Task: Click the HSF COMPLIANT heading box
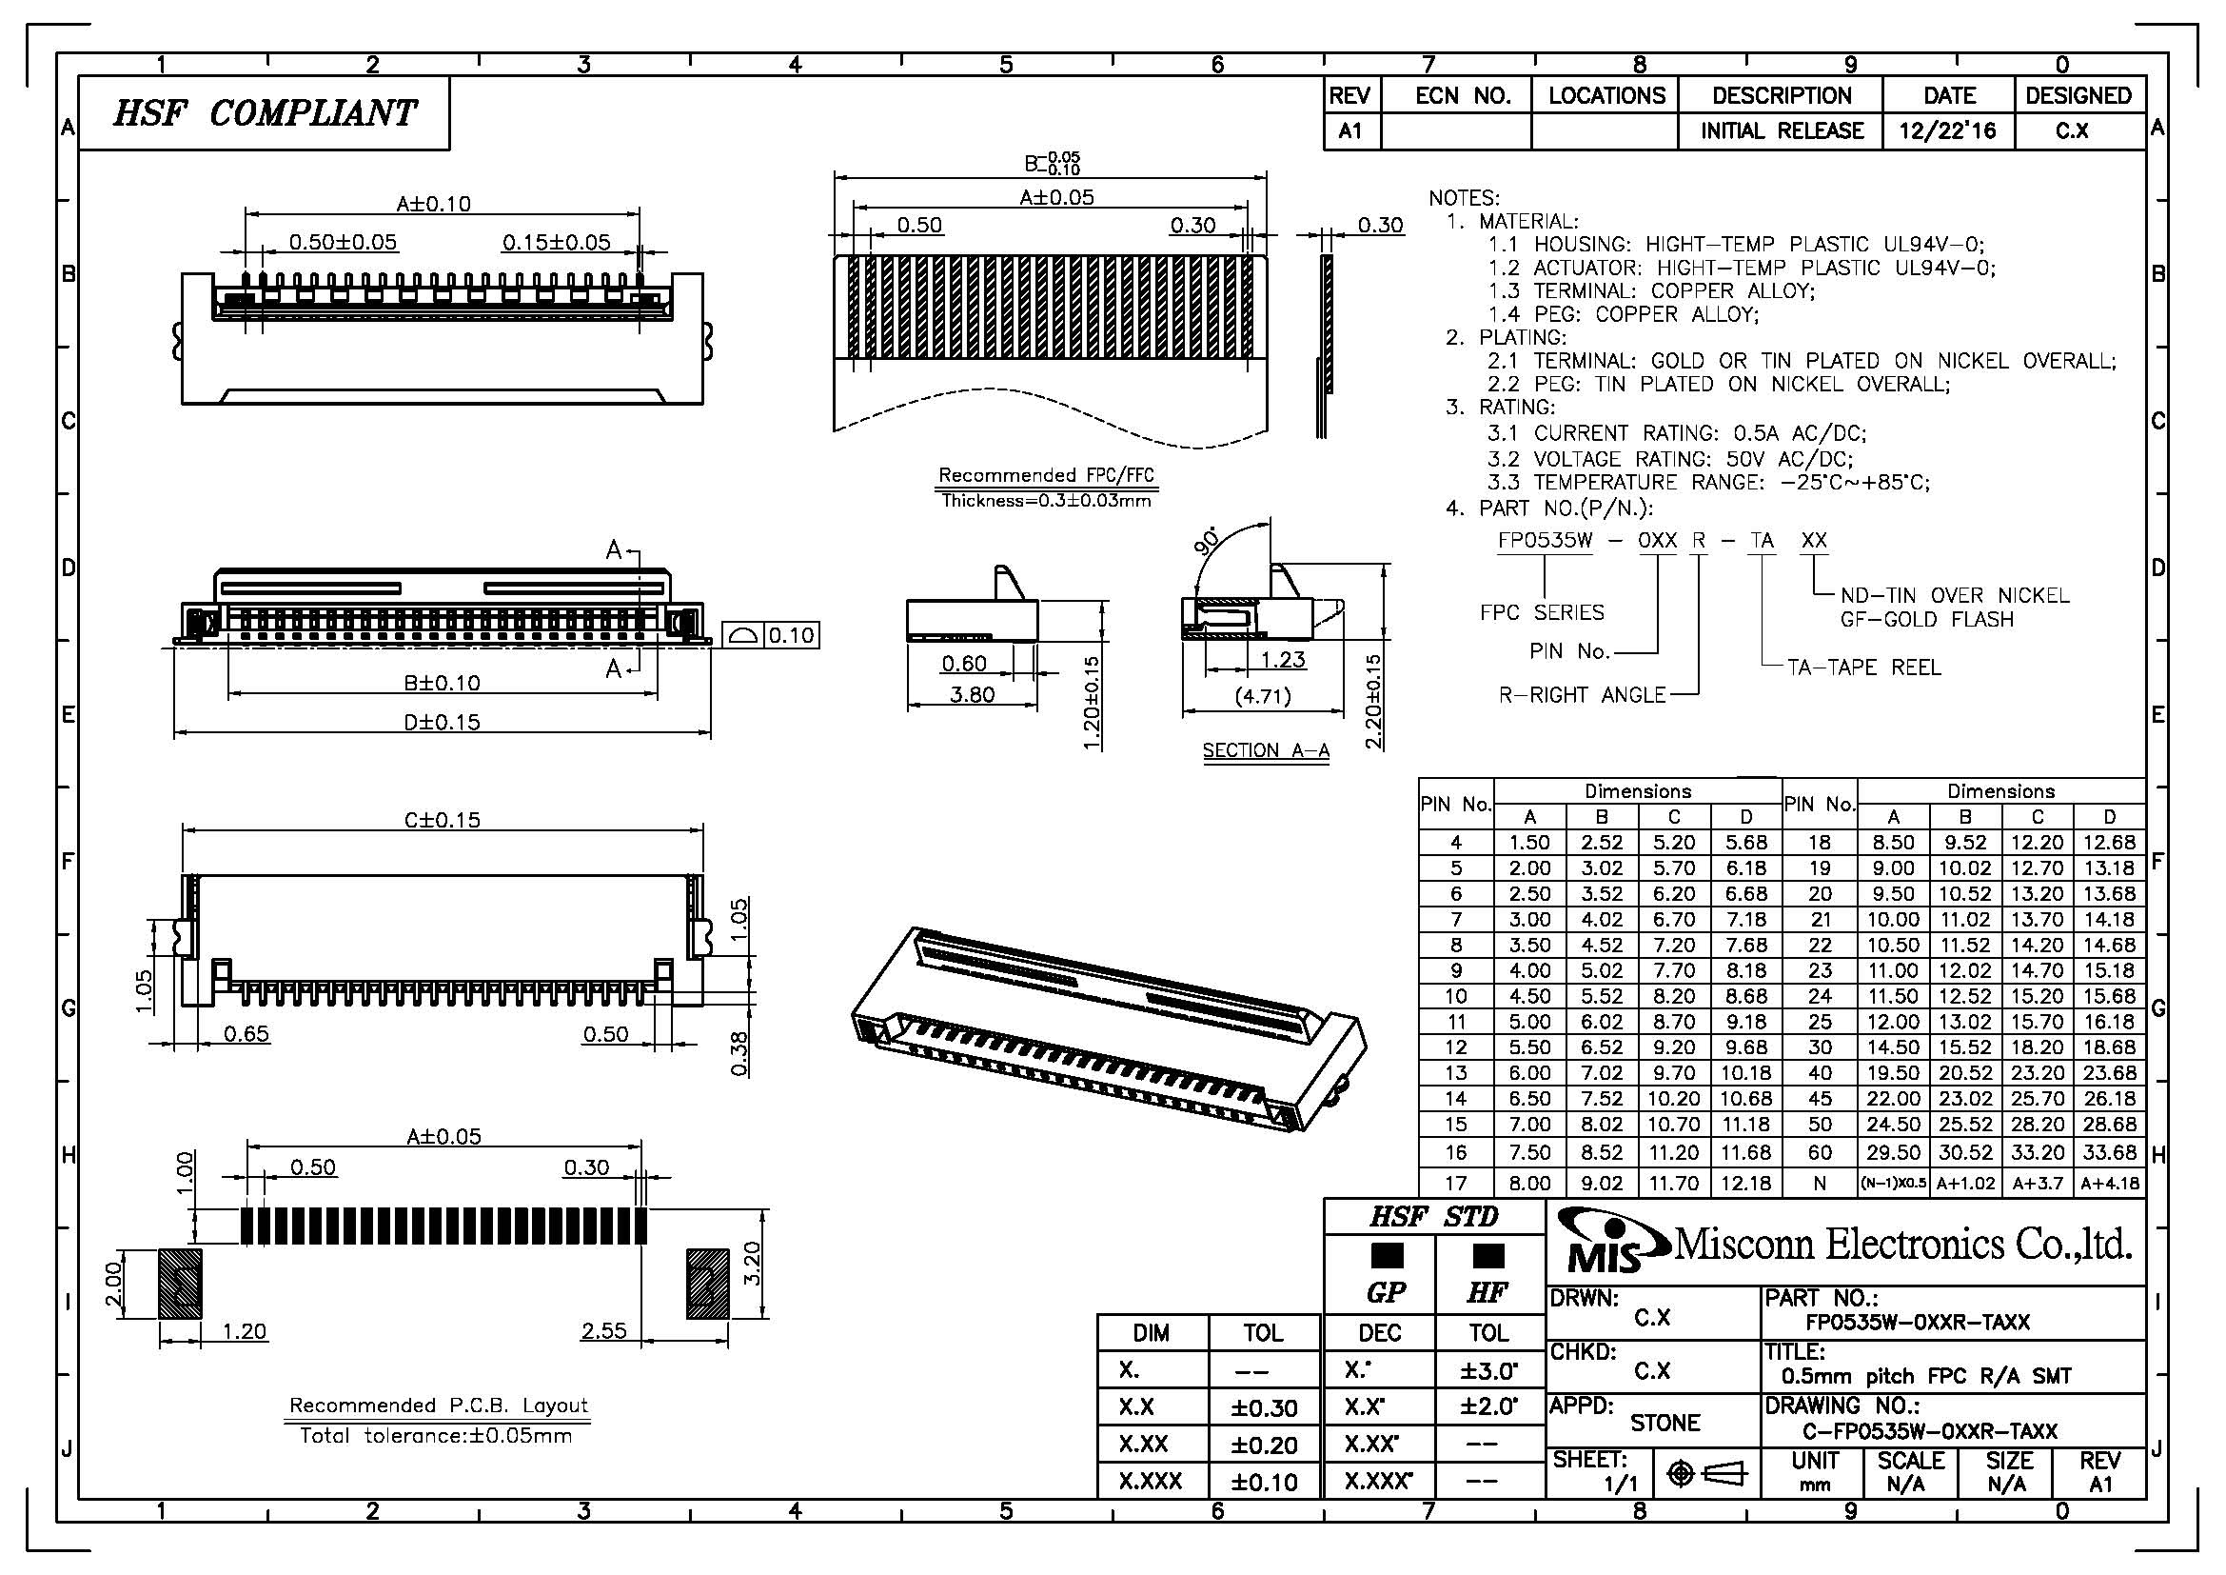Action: (x=264, y=113)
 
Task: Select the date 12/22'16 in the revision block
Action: (x=1948, y=130)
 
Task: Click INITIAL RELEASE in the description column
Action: (x=1782, y=130)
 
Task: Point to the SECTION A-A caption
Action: (x=1265, y=750)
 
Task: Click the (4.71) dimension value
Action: (x=1262, y=695)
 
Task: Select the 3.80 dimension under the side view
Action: (x=971, y=694)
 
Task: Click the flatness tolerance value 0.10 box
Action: (x=791, y=635)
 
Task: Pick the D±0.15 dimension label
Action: (x=443, y=722)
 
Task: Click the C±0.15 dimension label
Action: (x=443, y=820)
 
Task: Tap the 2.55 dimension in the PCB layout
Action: (x=604, y=1330)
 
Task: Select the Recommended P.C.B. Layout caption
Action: (x=438, y=1406)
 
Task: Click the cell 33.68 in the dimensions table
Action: (x=2109, y=1152)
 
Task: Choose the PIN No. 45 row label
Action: (x=1820, y=1099)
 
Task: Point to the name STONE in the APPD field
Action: (x=1665, y=1423)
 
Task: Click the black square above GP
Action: (x=1387, y=1256)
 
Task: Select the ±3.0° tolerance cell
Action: (x=1488, y=1370)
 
